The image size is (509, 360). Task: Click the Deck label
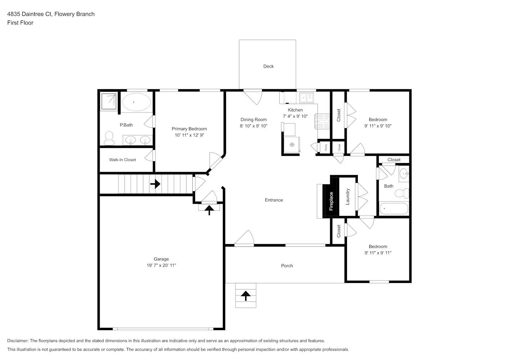(268, 66)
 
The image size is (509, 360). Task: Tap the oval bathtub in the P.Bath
(136, 102)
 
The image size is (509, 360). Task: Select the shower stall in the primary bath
(108, 101)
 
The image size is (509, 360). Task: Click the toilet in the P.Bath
(109, 138)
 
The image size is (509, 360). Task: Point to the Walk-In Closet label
(122, 160)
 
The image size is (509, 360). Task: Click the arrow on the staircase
(155, 184)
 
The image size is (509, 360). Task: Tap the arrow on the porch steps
(246, 296)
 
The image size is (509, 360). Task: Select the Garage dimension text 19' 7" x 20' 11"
(161, 265)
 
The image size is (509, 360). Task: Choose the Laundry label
(348, 197)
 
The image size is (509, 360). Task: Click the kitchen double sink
(307, 97)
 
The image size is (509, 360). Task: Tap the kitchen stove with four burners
(323, 121)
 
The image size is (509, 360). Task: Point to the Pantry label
(326, 147)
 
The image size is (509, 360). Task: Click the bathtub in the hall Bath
(393, 208)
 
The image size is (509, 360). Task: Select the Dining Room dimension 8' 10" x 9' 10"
(253, 126)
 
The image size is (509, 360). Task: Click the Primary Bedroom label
(189, 129)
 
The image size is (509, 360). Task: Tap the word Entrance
(274, 200)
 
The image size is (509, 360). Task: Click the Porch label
(287, 266)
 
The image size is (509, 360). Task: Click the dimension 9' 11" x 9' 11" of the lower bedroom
(378, 253)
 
